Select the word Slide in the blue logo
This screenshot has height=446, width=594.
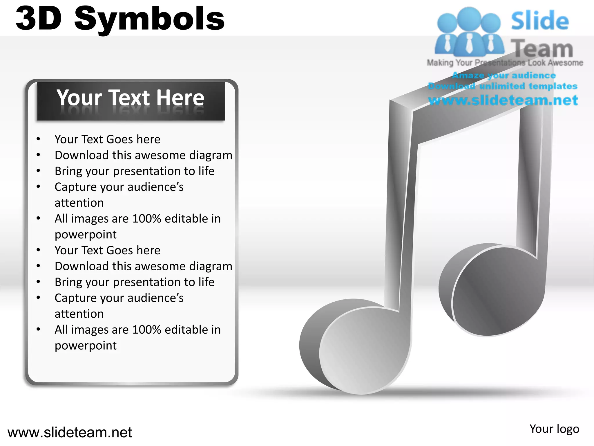coord(540,21)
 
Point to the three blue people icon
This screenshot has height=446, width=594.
coord(469,32)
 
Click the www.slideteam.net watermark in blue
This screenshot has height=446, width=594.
coord(503,100)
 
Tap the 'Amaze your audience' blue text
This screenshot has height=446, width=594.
coord(504,75)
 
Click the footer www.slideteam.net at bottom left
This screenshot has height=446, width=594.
coord(70,432)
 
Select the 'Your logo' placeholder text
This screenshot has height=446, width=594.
coord(554,429)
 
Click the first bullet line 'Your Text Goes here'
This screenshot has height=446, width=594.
coord(107,139)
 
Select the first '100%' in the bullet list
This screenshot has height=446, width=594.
coord(146,219)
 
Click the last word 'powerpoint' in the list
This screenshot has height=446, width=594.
coord(86,346)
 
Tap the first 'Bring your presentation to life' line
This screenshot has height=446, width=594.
coord(135,171)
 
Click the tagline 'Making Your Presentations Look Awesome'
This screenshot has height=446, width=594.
coord(505,63)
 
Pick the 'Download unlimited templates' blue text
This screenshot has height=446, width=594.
coord(503,86)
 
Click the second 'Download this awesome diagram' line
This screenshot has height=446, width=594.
coord(144,266)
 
